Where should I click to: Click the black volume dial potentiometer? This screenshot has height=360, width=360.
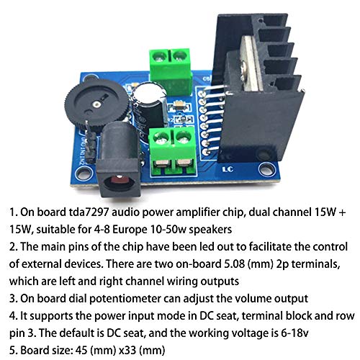96,105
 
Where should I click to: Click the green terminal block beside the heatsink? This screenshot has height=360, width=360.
171,71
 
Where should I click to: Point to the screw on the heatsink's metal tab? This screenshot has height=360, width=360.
244,71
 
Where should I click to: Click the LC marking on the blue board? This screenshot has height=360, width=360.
228,169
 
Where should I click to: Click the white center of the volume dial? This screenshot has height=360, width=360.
96,104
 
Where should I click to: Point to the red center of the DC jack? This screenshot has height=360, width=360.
118,180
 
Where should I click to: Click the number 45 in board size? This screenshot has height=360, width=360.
81,351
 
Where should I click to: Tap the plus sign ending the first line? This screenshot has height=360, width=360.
343,212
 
